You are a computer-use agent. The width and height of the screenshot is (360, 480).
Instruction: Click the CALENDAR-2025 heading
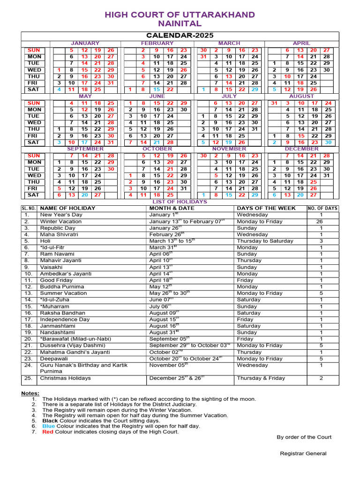click(180, 35)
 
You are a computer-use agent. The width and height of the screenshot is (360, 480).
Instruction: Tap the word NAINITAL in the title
click(180, 23)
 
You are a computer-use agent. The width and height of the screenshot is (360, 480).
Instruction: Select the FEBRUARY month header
click(157, 43)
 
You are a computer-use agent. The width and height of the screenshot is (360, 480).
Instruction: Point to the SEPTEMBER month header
click(85, 149)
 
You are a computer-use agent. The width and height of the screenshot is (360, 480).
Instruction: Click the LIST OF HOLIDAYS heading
click(180, 202)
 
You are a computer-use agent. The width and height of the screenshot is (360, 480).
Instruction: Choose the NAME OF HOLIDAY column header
click(67, 208)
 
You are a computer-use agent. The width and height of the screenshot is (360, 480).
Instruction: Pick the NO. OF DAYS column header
click(322, 208)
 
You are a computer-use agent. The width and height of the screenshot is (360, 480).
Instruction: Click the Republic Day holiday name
click(58, 228)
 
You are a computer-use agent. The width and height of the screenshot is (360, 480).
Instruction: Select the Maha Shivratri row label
click(59, 234)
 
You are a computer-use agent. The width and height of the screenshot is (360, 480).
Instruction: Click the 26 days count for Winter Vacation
click(321, 221)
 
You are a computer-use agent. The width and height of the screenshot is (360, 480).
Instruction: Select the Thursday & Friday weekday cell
click(261, 378)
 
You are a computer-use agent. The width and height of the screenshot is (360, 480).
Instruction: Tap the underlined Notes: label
click(30, 393)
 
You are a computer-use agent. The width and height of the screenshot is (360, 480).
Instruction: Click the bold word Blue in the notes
click(49, 426)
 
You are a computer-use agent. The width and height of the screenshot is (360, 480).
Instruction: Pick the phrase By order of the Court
click(304, 437)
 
